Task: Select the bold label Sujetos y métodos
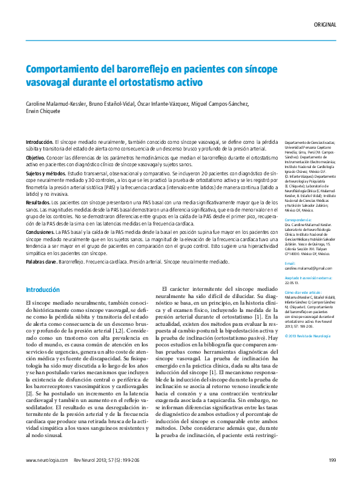pos(48,172)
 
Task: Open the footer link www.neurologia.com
pos(47,460)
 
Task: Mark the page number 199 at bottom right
pos(332,460)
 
